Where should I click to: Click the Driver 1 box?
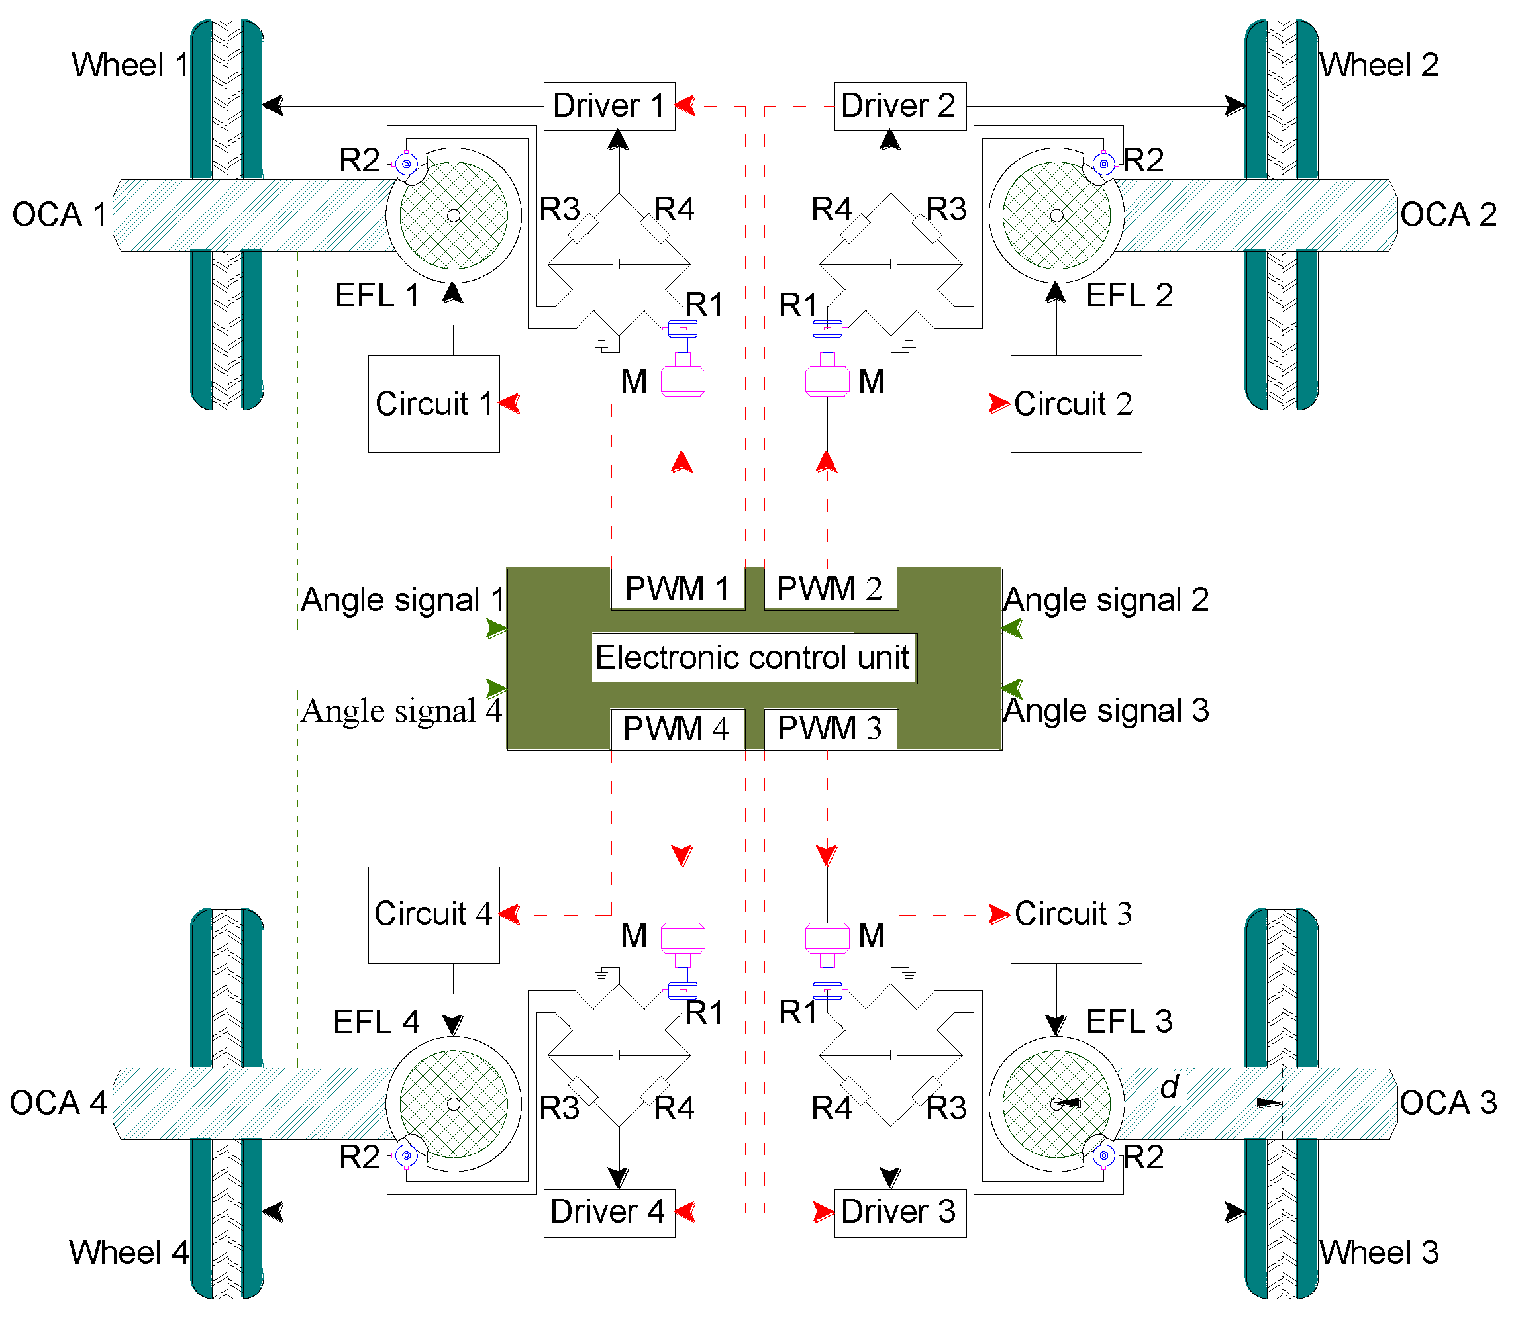[609, 106]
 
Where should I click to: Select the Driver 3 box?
[899, 1212]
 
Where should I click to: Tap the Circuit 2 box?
[1076, 404]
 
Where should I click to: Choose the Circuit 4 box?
[433, 914]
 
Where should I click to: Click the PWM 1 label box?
[677, 588]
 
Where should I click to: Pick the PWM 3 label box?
[830, 729]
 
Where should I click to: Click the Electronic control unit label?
[753, 657]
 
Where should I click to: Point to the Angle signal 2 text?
[1106, 600]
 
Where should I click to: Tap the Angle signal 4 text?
[401, 711]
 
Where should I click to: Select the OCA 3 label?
[1448, 1102]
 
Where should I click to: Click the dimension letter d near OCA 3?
[1169, 1086]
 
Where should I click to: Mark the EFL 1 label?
[377, 296]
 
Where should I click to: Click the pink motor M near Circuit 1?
[683, 381]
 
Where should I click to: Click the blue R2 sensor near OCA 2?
[1103, 164]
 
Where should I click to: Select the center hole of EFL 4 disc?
[454, 1104]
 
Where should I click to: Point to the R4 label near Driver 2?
[831, 210]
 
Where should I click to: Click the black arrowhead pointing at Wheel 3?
[1235, 1212]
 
